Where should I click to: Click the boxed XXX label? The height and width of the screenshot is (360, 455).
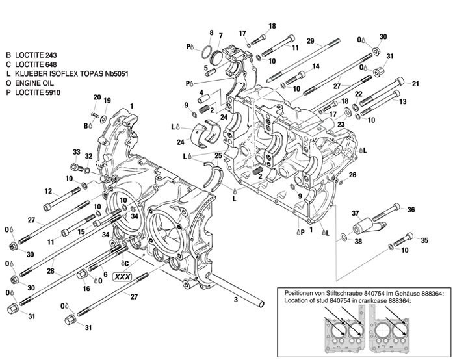(122, 276)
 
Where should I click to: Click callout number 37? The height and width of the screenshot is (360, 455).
(356, 213)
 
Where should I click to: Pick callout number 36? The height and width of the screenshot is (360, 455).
(411, 209)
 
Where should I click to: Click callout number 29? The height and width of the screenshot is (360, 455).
(311, 42)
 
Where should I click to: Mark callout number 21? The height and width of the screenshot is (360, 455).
(416, 83)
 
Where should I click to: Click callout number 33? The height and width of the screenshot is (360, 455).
(76, 153)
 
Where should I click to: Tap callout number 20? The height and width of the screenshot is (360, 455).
(96, 97)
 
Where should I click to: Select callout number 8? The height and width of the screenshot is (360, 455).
(211, 32)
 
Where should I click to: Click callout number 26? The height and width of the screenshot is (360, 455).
(353, 175)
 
